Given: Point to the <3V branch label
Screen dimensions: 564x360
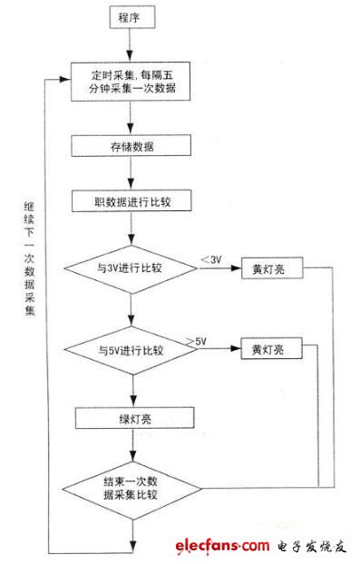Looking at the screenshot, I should (x=209, y=260).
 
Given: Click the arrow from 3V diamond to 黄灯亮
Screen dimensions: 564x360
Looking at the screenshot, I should (x=218, y=270).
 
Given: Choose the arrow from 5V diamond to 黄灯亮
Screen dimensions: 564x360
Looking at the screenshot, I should (x=218, y=350).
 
